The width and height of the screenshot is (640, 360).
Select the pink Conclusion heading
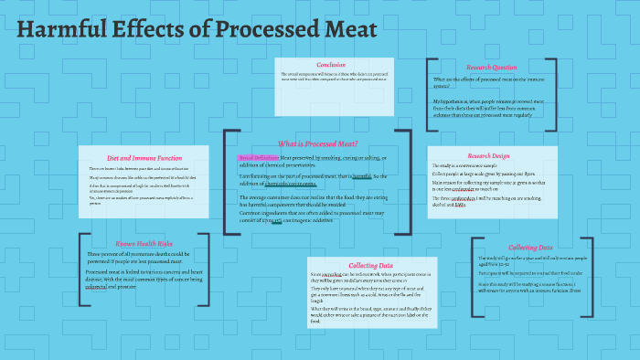point(330,65)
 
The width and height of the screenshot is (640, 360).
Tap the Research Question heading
point(491,67)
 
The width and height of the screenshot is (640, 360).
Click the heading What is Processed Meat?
point(317,143)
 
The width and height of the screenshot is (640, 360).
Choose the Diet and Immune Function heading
point(138,158)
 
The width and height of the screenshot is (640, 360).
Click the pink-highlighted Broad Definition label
point(259,158)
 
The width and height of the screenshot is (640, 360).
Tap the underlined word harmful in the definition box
point(361,175)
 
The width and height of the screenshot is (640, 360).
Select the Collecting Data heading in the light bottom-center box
point(364,264)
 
